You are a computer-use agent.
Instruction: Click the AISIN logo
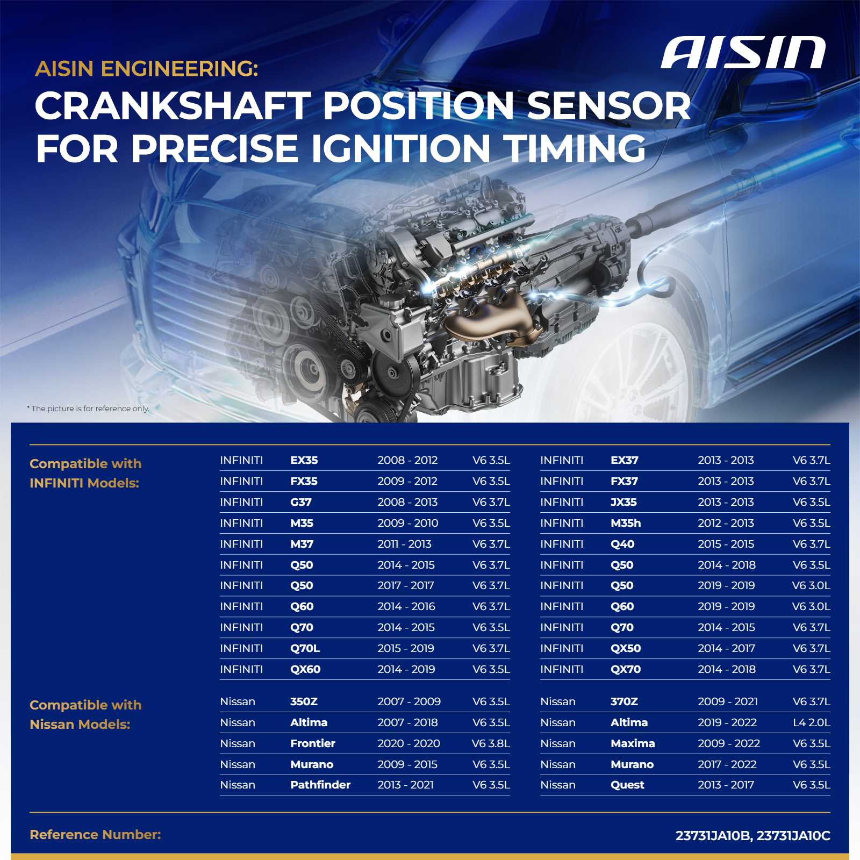pyautogui.click(x=743, y=53)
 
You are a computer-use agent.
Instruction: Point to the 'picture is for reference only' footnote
pyautogui.click(x=88, y=408)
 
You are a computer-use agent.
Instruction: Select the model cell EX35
pyautogui.click(x=304, y=460)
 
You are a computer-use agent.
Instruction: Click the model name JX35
pyautogui.click(x=623, y=502)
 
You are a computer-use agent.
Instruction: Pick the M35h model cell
pyautogui.click(x=626, y=523)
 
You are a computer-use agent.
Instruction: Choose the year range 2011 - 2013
pyautogui.click(x=404, y=544)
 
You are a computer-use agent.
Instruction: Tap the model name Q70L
pyautogui.click(x=305, y=648)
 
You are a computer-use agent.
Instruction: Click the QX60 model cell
pyautogui.click(x=305, y=669)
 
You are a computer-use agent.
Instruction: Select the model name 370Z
pyautogui.click(x=624, y=701)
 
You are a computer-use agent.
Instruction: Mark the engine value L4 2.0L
pyautogui.click(x=811, y=722)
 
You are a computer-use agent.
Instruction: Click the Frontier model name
pyautogui.click(x=312, y=743)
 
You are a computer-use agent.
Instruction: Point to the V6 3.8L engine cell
pyautogui.click(x=491, y=743)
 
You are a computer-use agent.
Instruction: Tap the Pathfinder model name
pyautogui.click(x=320, y=785)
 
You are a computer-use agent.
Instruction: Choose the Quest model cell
pyautogui.click(x=627, y=785)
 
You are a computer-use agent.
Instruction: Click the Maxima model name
pyautogui.click(x=633, y=743)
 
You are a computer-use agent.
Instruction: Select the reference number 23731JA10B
pyautogui.click(x=713, y=836)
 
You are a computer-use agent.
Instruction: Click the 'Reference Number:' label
pyautogui.click(x=95, y=835)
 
